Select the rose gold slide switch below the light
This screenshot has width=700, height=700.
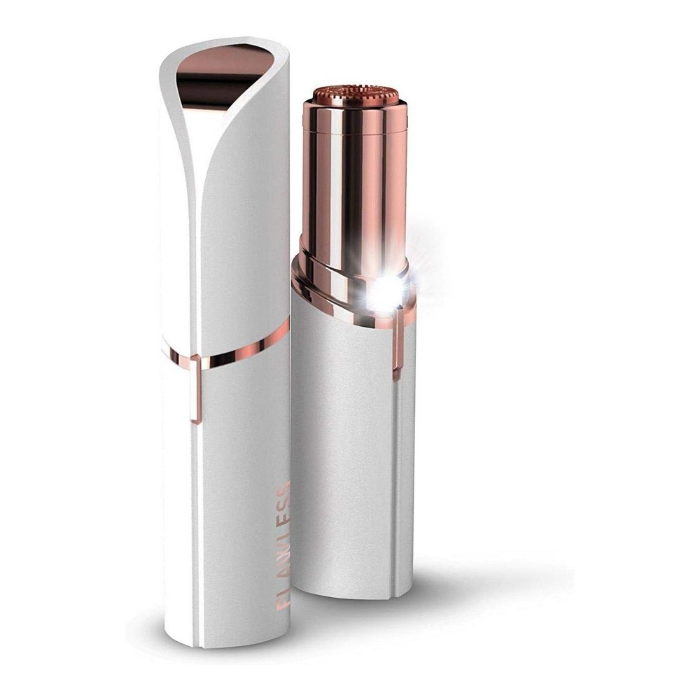click(397, 344)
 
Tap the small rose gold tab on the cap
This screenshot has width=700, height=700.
click(195, 387)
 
